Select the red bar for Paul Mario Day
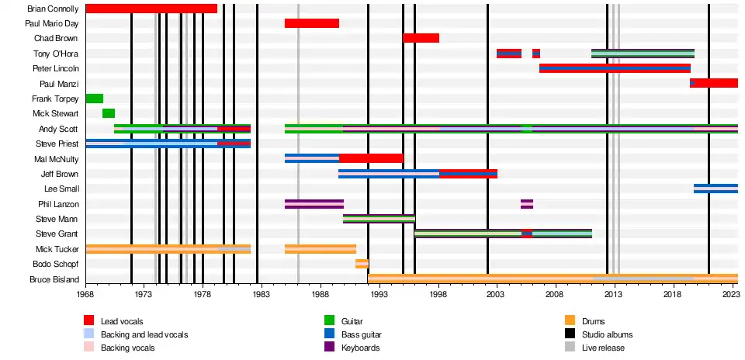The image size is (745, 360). (x=311, y=23)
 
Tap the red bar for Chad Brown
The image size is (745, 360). (x=421, y=38)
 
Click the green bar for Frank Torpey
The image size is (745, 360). (x=94, y=99)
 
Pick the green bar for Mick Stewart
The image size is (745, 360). (x=109, y=113)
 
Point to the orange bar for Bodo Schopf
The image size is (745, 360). (x=362, y=264)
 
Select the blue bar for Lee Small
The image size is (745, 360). (x=716, y=189)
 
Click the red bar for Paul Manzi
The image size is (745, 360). (x=714, y=83)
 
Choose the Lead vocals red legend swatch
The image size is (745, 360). (x=89, y=321)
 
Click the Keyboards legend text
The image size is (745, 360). (x=360, y=348)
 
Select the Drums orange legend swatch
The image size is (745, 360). (x=570, y=321)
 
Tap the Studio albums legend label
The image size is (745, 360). (x=607, y=334)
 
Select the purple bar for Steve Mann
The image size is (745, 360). (x=379, y=219)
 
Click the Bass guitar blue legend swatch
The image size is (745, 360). (x=330, y=334)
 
